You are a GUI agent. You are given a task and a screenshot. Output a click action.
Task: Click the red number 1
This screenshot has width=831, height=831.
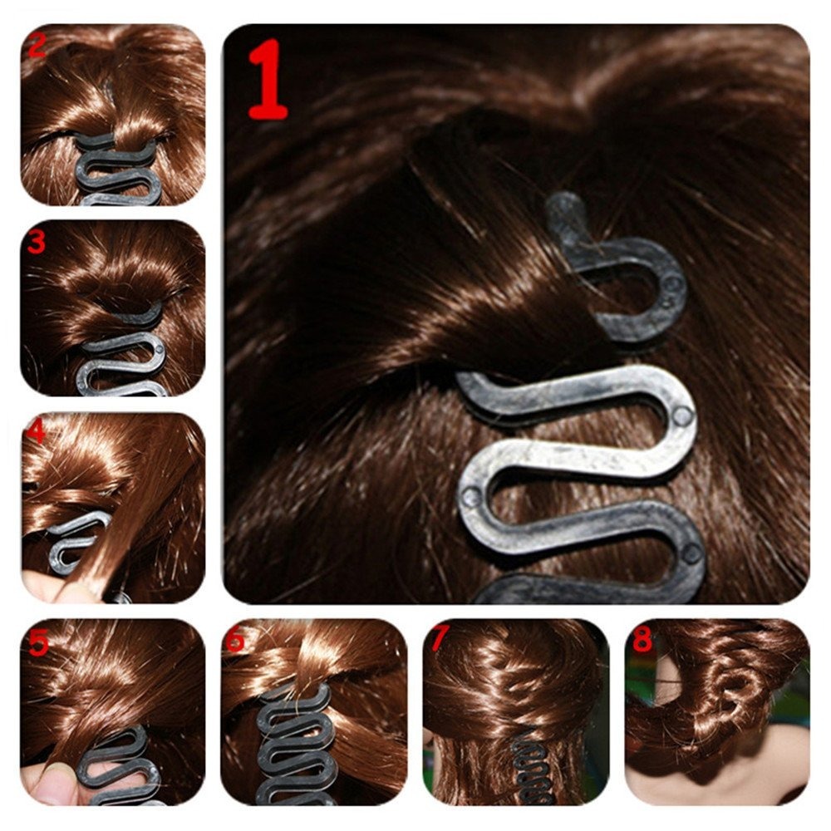pos(268,80)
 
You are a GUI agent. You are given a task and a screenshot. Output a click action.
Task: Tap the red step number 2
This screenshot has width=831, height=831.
pos(36,46)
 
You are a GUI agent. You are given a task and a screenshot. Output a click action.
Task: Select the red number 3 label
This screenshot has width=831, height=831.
pos(36,243)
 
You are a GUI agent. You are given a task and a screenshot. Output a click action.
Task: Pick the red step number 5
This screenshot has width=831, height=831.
pos(37,642)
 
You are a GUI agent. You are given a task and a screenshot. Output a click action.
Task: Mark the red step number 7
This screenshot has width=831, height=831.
pos(439,640)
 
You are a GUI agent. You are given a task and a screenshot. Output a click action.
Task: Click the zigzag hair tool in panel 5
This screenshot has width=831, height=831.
pos(116,765)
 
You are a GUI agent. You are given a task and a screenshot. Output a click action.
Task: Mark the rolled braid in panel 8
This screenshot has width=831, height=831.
pos(731,681)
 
